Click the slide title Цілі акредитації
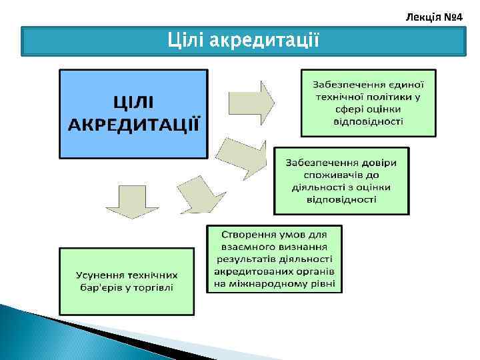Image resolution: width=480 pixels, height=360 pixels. pos(243,41)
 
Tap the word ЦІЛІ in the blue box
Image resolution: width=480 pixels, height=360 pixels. pos(133,102)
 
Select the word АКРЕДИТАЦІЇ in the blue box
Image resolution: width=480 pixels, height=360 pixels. pos(133,124)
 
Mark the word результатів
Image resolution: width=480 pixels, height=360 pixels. pos(246,259)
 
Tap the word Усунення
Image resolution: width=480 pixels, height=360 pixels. pos(101,275)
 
